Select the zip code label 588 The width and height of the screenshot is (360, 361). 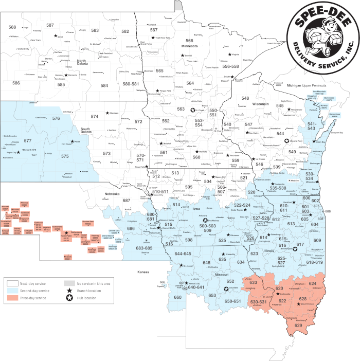tap(12, 27)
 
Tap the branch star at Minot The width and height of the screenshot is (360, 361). tap(55, 36)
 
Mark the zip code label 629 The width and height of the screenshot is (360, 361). tap(298, 325)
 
